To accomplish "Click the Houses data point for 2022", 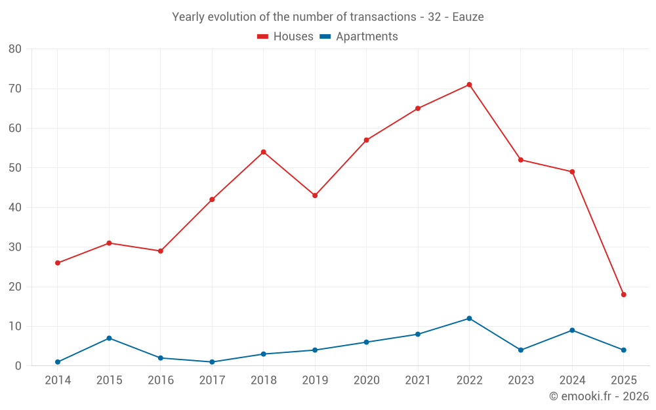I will [x=469, y=85].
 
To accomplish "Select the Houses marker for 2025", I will [x=623, y=295].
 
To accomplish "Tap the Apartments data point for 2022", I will [x=469, y=318].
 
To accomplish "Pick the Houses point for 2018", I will [x=263, y=152].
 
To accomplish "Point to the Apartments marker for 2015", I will [x=109, y=338].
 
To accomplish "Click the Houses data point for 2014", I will [x=58, y=263].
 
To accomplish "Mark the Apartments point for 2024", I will [x=572, y=330].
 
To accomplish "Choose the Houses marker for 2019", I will [x=315, y=195].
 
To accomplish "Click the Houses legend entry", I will [x=285, y=37].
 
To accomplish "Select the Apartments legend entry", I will [x=359, y=37].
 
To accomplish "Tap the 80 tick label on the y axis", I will [x=15, y=49].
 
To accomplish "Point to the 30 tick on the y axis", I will [x=15, y=247].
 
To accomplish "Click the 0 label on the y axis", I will [x=18, y=366].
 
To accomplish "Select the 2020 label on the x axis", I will [x=366, y=380].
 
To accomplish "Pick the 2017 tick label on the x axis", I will [x=212, y=380].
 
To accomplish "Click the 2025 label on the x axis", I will [x=623, y=380].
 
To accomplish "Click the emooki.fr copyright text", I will [x=599, y=396].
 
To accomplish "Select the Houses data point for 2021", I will [x=418, y=108].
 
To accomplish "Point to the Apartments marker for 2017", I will [x=212, y=362].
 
